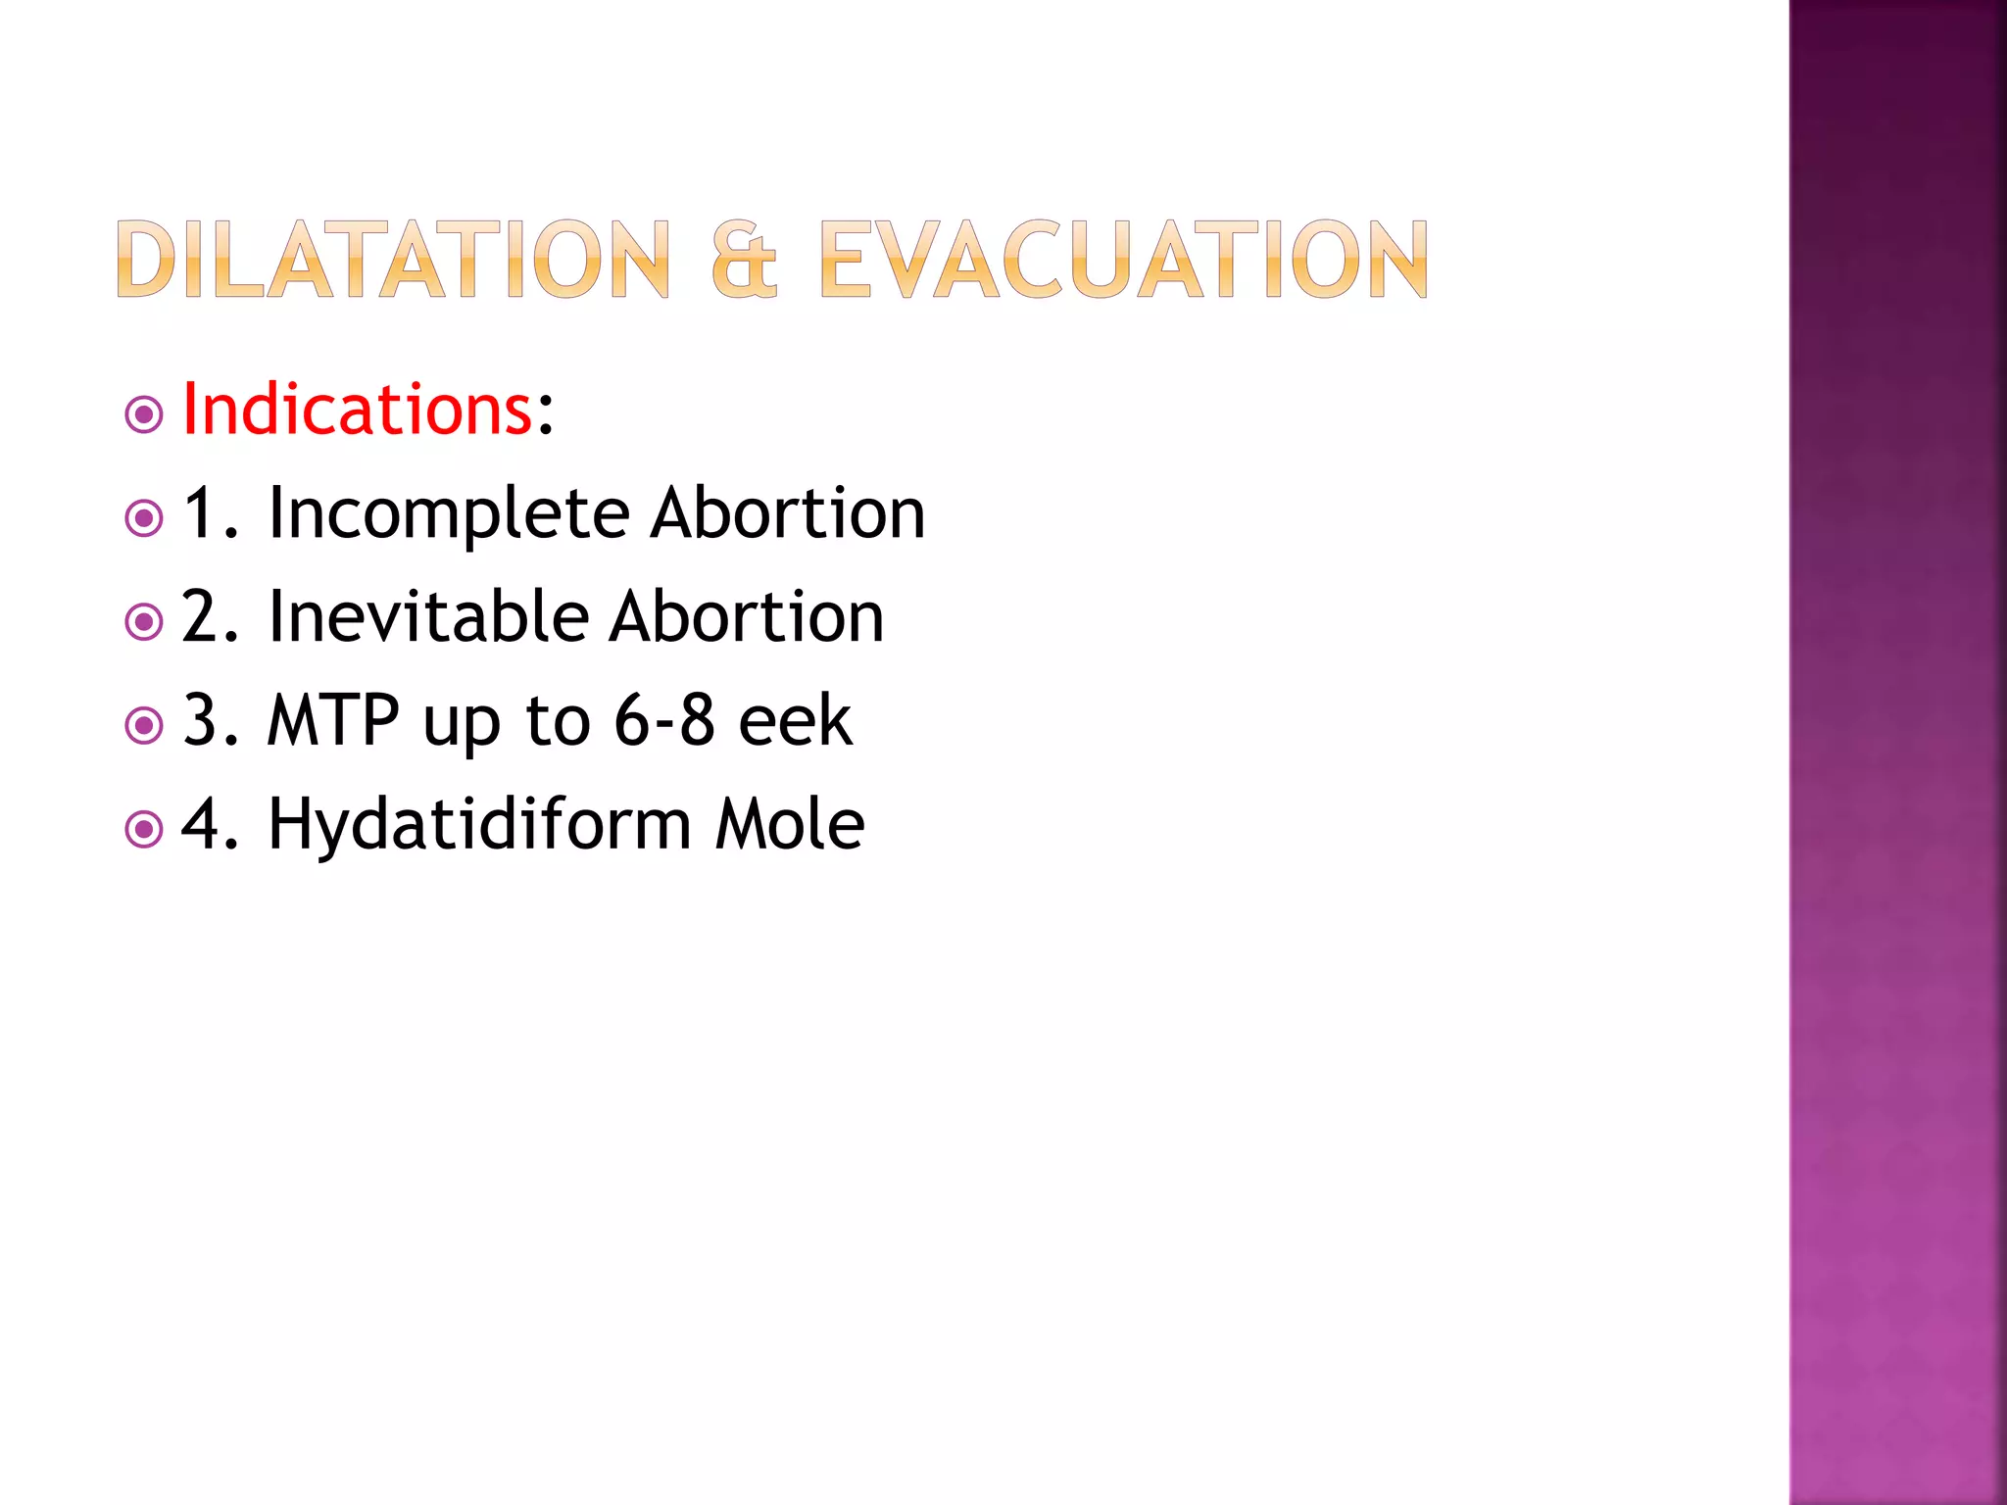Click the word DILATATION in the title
click(393, 259)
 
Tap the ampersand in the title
click(745, 259)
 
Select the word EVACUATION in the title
click(1123, 259)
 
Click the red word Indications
click(358, 409)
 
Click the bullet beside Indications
click(144, 414)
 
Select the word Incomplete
click(448, 513)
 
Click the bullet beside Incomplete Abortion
click(144, 518)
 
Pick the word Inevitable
click(428, 616)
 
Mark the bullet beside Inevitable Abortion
click(144, 621)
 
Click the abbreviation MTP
click(333, 720)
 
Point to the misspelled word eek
click(795, 720)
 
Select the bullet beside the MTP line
click(144, 726)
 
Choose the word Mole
click(790, 824)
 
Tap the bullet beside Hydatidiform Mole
click(144, 830)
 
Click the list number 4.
click(202, 824)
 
